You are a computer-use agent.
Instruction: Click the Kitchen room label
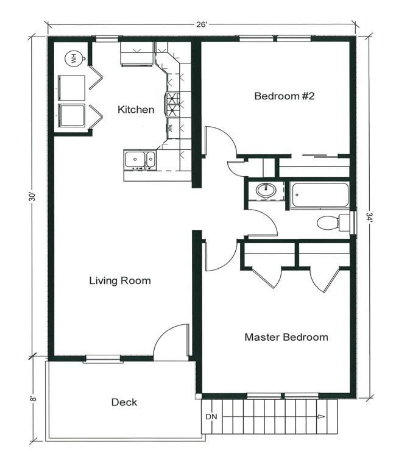click(135, 110)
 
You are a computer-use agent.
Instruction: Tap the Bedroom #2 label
click(284, 96)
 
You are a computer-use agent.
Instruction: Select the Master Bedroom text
click(286, 337)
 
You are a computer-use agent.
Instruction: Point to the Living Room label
click(119, 281)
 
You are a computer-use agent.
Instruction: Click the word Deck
click(124, 402)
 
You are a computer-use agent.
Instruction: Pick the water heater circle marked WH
click(73, 59)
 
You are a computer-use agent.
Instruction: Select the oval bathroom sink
click(266, 191)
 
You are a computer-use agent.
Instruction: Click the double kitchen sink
click(140, 160)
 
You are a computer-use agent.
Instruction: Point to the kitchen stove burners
click(173, 104)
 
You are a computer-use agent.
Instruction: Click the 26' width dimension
click(200, 26)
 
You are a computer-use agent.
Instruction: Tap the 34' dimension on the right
click(369, 216)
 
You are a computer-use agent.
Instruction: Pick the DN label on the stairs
click(211, 416)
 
